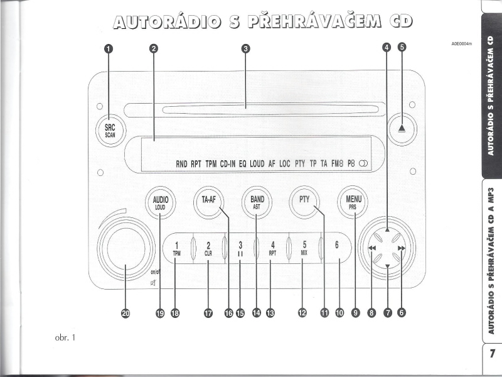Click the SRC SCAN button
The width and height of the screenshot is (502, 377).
(110, 129)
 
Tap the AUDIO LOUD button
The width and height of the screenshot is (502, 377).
(161, 203)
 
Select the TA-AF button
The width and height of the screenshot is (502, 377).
(208, 202)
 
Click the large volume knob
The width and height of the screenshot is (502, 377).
(125, 246)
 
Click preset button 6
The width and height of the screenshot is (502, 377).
(337, 247)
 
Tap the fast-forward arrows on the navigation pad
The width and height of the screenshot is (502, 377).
(401, 249)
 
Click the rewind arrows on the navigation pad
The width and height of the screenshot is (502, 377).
(372, 249)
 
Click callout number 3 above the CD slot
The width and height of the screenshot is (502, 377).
(246, 48)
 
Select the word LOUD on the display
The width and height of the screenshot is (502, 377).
(257, 164)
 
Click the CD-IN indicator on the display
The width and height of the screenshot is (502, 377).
(227, 164)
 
